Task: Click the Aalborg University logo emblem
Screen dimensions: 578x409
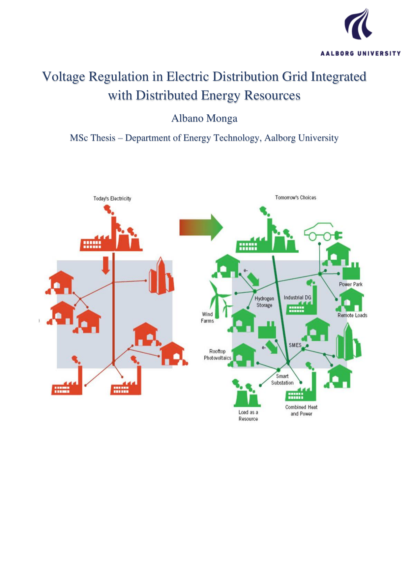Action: tap(359, 24)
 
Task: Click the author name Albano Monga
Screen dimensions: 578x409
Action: tap(204, 118)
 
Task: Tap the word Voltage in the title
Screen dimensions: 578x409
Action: tap(64, 77)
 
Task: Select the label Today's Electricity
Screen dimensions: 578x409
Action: tap(112, 198)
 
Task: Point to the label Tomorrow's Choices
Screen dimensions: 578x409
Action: tap(296, 197)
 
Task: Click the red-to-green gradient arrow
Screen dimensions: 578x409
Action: tap(201, 227)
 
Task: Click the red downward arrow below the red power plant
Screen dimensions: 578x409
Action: tap(106, 265)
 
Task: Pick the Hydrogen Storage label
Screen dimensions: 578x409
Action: tap(264, 302)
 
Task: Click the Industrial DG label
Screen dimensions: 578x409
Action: tap(297, 298)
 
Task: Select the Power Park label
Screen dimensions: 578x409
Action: tap(351, 284)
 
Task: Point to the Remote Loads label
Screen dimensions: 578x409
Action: tap(352, 315)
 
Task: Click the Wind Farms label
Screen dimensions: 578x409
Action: tap(207, 317)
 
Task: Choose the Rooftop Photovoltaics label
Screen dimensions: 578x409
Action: tap(218, 355)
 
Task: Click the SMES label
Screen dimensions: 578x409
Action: tap(295, 345)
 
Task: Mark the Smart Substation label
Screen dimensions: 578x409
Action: tap(282, 379)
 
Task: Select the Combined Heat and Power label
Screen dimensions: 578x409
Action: tap(301, 410)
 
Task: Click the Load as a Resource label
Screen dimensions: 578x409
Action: tap(248, 416)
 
